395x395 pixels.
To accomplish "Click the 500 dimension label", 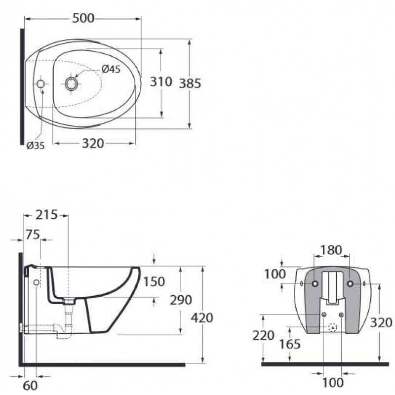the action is (83, 18).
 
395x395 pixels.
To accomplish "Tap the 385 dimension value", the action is (190, 83).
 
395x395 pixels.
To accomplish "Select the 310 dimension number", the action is (161, 81).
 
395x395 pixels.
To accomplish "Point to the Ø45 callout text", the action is (111, 69).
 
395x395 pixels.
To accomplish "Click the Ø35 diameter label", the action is (36, 145).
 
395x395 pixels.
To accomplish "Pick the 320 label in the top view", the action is (93, 143).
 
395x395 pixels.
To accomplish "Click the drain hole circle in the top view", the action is (72, 83).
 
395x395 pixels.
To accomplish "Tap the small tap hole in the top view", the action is (40, 83).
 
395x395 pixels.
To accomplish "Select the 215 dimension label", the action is (46, 215).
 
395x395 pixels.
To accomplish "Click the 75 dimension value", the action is (33, 235).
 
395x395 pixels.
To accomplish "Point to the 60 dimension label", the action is (30, 386).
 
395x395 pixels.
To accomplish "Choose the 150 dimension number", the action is (154, 281).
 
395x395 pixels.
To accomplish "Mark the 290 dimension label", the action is (181, 300).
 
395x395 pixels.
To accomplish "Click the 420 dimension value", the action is (202, 318).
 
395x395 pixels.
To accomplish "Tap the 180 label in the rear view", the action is (331, 250).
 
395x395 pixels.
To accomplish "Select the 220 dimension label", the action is (263, 335).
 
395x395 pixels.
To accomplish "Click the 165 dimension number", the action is (290, 344).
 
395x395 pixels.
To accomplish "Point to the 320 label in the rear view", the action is (381, 323).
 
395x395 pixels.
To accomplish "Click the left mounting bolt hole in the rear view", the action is (315, 283).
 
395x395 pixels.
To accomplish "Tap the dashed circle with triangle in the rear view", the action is (333, 327).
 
